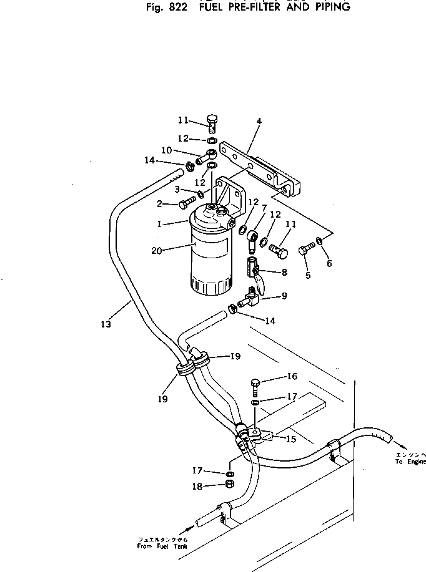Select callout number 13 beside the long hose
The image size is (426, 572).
point(106,324)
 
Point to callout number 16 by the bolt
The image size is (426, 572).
point(292,377)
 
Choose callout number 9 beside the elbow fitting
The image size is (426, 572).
point(284,296)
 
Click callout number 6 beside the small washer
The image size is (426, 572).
point(329,263)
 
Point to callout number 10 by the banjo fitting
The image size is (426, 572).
point(167,150)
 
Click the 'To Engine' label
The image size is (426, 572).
point(410,462)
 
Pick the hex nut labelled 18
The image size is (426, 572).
point(229,487)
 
